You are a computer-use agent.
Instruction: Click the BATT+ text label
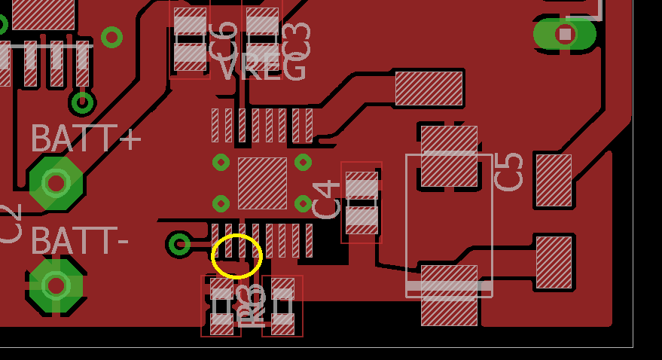85,139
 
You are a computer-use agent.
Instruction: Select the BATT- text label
79,241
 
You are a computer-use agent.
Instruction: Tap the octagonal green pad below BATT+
56,182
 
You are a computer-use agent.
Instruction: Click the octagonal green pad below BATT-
56,285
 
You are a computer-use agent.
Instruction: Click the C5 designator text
509,172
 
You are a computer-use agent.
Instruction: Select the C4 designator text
326,200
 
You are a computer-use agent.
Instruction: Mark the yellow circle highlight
236,256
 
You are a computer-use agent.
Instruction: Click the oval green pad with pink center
565,34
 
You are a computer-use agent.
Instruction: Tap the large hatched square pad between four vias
262,183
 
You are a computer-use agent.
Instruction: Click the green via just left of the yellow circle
179,243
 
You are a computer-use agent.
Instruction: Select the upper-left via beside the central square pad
221,162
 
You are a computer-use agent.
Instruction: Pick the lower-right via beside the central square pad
303,203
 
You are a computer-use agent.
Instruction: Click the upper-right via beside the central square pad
303,162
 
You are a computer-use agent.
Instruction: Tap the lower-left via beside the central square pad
221,203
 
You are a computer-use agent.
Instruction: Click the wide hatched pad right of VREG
429,88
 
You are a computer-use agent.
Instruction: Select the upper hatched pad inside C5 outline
449,156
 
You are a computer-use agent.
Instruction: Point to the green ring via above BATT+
82,102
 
